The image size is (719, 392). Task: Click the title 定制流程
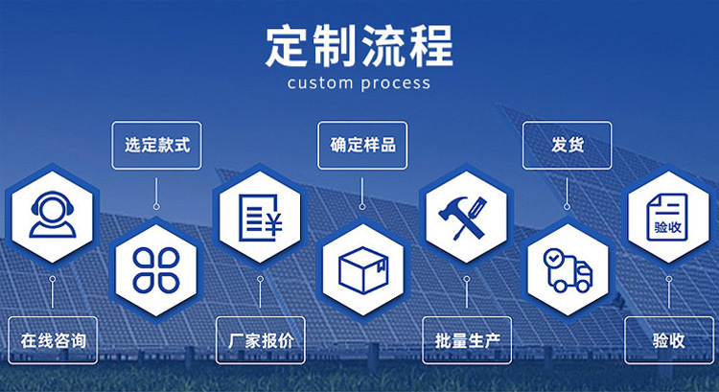tap(359, 46)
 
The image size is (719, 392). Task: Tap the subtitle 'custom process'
tap(359, 83)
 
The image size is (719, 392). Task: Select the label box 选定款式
tap(157, 146)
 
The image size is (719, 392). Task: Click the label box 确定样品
tap(362, 146)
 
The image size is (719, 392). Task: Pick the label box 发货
tap(567, 146)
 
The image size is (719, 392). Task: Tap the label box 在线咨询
tap(53, 340)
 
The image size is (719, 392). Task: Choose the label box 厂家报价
tap(261, 340)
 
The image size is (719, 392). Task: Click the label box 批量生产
tap(467, 340)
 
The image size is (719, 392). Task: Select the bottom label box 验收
tap(669, 340)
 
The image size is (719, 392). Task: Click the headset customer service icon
tap(53, 215)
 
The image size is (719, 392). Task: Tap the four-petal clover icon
tap(156, 270)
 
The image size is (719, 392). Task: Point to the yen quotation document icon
tap(261, 218)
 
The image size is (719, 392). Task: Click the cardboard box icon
tap(363, 270)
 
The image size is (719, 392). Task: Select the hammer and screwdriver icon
tap(463, 218)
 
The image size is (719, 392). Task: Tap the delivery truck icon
tap(568, 270)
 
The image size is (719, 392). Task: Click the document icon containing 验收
tap(667, 217)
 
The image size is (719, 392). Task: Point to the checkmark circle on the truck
tap(553, 258)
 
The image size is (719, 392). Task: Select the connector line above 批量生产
tap(467, 291)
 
